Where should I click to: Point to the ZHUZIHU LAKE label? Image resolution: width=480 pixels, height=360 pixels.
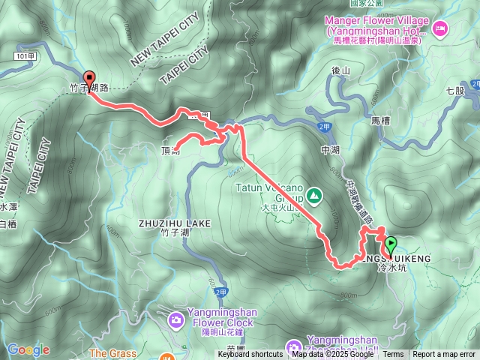click(x=175, y=223)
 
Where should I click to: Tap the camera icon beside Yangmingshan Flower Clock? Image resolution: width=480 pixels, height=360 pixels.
click(x=175, y=320)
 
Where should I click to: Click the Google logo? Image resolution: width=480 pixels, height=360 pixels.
click(x=28, y=349)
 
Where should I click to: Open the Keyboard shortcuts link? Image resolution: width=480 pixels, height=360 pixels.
click(x=250, y=355)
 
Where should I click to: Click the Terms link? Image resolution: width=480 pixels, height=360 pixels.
click(x=393, y=355)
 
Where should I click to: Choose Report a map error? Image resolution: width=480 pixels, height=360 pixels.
click(x=444, y=355)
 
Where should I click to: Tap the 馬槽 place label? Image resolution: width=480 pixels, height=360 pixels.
click(x=381, y=120)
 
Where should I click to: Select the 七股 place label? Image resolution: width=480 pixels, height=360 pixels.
click(x=456, y=91)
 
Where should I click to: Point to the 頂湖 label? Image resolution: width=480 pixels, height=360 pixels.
click(x=169, y=151)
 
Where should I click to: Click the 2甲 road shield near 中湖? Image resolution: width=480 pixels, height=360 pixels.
click(x=323, y=127)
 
